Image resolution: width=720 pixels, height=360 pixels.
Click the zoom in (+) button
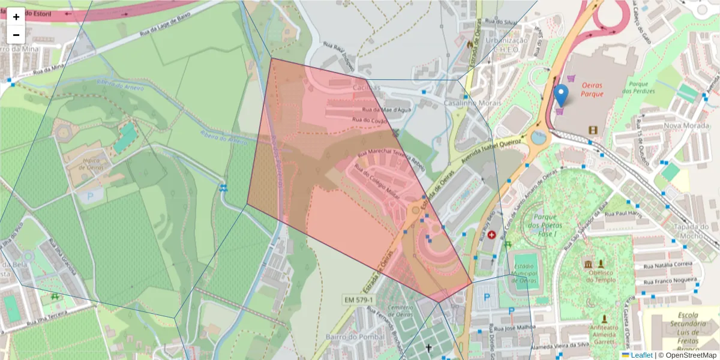pyautogui.click(x=16, y=17)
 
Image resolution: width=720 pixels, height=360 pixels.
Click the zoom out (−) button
pyautogui.click(x=16, y=34)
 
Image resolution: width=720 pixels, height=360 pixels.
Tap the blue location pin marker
pyautogui.click(x=561, y=95)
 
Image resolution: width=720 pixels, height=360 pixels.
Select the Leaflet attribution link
pyautogui.click(x=641, y=355)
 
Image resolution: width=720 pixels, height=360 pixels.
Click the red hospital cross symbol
pyautogui.click(x=492, y=235)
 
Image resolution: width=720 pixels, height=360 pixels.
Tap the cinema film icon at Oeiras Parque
pyautogui.click(x=593, y=130)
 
